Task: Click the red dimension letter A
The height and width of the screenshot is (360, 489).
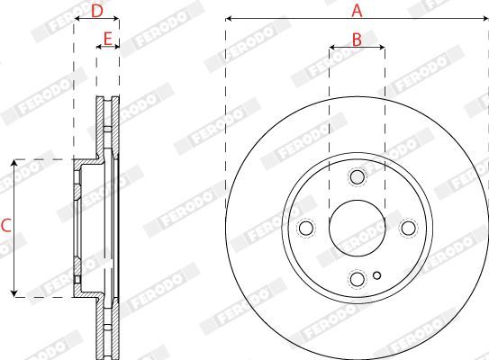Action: [x=357, y=11]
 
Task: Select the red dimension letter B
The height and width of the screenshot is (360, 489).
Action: [x=357, y=40]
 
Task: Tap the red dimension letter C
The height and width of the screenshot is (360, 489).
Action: [x=6, y=226]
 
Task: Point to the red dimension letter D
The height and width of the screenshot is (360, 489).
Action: [x=97, y=11]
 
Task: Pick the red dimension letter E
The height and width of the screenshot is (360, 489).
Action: [x=107, y=40]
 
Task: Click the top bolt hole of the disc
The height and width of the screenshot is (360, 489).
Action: [x=358, y=177]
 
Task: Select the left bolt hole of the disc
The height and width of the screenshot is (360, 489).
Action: [x=306, y=228]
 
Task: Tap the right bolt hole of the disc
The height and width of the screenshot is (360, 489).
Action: [x=408, y=228]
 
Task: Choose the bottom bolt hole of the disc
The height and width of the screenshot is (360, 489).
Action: [x=358, y=279]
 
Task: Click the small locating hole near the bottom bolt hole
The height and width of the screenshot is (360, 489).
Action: [x=377, y=275]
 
